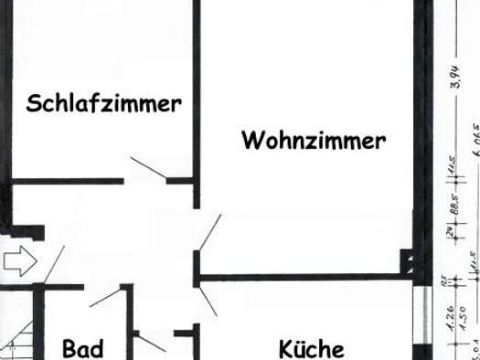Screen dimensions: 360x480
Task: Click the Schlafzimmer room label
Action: tap(103, 102)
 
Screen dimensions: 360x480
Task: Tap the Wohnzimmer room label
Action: tap(314, 141)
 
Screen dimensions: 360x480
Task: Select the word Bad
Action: tap(82, 348)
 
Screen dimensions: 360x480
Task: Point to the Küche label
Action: tap(311, 348)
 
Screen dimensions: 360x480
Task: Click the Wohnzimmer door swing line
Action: tap(209, 232)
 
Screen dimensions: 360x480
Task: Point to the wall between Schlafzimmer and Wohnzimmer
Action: tap(196, 91)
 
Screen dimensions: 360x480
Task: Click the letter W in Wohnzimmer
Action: tap(252, 141)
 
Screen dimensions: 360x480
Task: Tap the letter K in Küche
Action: tap(285, 348)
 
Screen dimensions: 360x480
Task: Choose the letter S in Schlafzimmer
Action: tap(34, 102)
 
